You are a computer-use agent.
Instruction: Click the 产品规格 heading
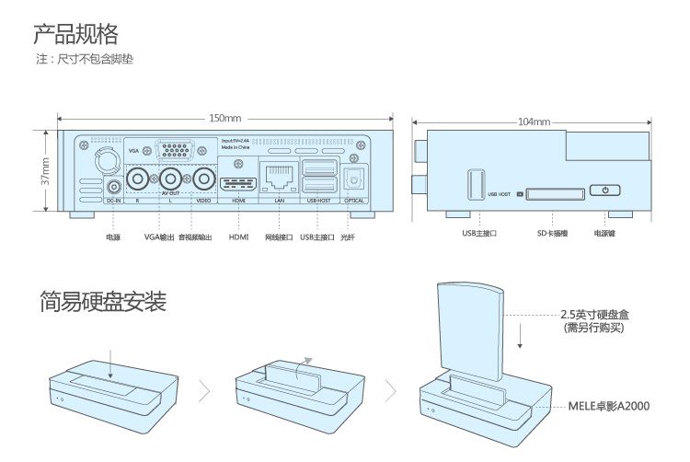pyautogui.click(x=75, y=35)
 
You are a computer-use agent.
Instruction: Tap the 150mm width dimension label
pyautogui.click(x=224, y=119)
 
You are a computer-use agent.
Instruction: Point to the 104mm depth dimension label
pyautogui.click(x=534, y=121)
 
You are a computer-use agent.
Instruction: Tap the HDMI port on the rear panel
pyautogui.click(x=238, y=178)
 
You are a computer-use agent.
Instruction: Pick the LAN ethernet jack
pyautogui.click(x=278, y=174)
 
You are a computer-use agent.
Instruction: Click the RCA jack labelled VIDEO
pyautogui.click(x=203, y=178)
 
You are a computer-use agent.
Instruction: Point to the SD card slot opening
pyautogui.click(x=555, y=193)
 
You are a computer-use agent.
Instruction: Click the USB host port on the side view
pyautogui.click(x=477, y=184)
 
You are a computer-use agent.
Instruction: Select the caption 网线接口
pyautogui.click(x=278, y=237)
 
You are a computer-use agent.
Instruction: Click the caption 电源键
pyautogui.click(x=604, y=234)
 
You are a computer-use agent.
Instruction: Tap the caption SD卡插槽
pyautogui.click(x=553, y=234)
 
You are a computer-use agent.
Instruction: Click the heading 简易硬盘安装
pyautogui.click(x=103, y=301)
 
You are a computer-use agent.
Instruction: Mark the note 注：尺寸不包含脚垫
pyautogui.click(x=91, y=61)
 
